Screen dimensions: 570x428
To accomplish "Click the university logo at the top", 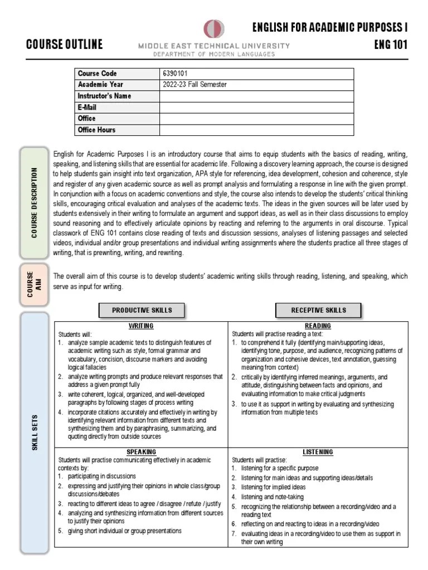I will (214, 28).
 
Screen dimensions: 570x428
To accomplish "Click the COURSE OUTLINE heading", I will (65, 45).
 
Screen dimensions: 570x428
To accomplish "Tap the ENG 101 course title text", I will (391, 44).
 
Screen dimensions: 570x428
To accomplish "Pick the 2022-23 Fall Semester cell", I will (194, 85).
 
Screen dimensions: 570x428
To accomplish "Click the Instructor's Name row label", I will (104, 96).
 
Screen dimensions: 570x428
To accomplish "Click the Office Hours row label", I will (97, 130).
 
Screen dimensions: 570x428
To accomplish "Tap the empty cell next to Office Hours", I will (256, 130).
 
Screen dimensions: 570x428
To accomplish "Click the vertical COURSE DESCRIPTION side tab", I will (35, 203).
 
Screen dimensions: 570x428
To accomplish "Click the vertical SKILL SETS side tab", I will (35, 433).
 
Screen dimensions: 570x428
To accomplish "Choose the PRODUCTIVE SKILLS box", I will (142, 310).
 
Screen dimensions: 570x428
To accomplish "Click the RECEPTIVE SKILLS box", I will (318, 310).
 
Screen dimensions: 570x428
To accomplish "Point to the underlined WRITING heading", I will (141, 326).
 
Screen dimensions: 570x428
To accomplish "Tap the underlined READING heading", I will (318, 326).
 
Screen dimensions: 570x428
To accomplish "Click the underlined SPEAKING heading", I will (141, 451).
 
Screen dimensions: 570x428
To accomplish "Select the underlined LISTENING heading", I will (318, 451).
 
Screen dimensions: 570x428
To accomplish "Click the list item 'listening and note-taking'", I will (272, 497).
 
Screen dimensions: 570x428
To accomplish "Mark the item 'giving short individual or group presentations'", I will (125, 531).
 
